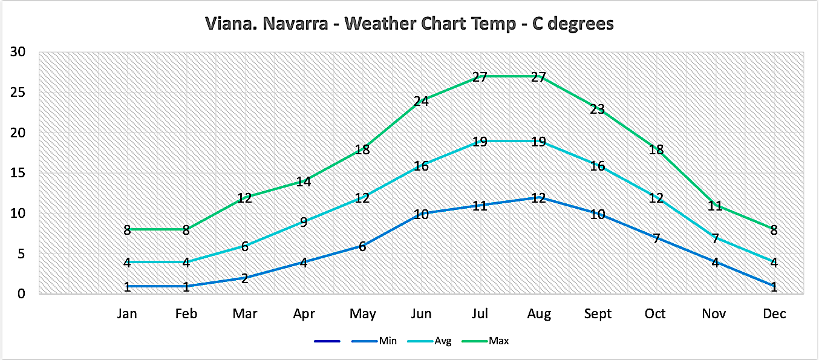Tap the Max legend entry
click(x=500, y=341)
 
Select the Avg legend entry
click(x=443, y=341)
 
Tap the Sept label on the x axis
click(x=598, y=313)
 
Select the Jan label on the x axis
click(x=127, y=313)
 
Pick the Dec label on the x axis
click(x=774, y=313)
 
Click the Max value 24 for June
click(x=421, y=101)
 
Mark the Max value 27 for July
click(x=480, y=77)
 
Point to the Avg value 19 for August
click(x=538, y=142)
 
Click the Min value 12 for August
click(x=538, y=198)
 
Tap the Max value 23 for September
click(x=598, y=110)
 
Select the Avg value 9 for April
click(x=304, y=222)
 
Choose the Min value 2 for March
click(x=244, y=279)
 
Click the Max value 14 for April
click(x=304, y=182)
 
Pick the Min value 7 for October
click(x=656, y=238)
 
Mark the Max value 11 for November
click(x=716, y=206)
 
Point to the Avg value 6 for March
click(x=244, y=246)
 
